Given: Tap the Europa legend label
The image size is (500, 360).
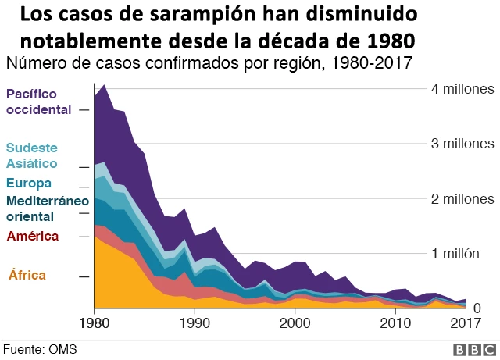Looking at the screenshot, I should tap(29, 184).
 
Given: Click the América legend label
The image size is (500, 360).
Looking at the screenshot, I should tap(33, 236).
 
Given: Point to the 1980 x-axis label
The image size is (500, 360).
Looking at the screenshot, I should tap(94, 323).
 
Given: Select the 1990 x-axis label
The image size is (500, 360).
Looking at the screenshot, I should tap(194, 323).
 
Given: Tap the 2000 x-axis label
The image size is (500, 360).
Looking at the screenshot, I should tap(295, 323).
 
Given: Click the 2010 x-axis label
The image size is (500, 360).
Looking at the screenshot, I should tap(396, 323).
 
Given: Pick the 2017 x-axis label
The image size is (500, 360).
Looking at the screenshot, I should tap(466, 323).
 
